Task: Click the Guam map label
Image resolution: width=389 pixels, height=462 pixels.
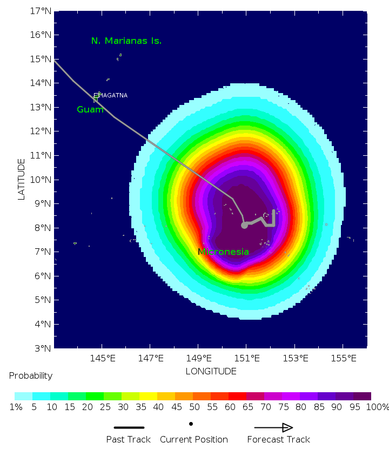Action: pos(90,110)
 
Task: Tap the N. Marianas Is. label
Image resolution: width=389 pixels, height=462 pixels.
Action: pos(126,41)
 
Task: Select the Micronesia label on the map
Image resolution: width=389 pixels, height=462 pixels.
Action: pos(223,252)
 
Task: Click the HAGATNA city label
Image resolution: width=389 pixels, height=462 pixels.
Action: pos(112,96)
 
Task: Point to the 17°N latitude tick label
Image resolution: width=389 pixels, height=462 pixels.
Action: pos(40,11)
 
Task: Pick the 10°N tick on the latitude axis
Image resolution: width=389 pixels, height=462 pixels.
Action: pos(40,180)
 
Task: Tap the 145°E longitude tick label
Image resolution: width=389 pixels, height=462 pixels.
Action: pos(103,358)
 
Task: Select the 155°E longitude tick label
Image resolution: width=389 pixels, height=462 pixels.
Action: pos(344,358)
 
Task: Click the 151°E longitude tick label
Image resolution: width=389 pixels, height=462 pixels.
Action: pos(247,358)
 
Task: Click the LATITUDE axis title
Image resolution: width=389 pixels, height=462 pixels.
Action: pos(22,179)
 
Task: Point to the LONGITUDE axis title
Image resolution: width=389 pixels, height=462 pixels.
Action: pos(211,372)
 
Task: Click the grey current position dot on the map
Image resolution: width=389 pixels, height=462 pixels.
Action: pos(244,225)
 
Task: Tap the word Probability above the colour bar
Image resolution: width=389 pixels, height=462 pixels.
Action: pos(31,376)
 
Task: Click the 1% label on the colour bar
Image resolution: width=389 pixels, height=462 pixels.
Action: pos(16,407)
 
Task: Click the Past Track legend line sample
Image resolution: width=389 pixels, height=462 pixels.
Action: pos(129,427)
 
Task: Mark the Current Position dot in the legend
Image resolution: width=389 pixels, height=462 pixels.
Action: pos(191,424)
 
